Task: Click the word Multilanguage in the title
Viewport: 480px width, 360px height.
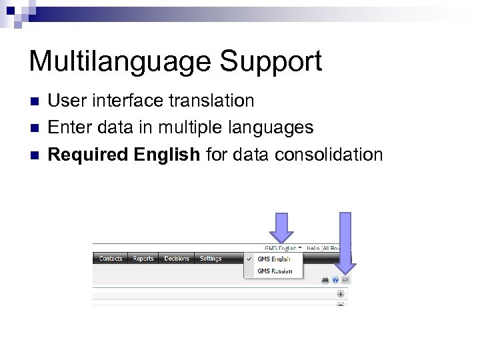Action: click(x=119, y=61)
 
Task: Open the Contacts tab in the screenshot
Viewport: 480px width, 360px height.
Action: click(x=111, y=259)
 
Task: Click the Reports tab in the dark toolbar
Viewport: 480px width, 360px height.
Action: click(x=143, y=259)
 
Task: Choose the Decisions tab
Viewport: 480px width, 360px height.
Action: click(x=177, y=259)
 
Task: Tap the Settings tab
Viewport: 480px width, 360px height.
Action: click(x=211, y=259)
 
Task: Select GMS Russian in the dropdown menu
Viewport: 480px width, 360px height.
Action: click(x=274, y=271)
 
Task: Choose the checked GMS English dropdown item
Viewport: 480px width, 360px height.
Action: click(x=274, y=259)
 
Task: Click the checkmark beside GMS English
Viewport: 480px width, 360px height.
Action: click(x=249, y=259)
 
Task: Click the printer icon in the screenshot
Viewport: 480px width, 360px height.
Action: click(x=325, y=280)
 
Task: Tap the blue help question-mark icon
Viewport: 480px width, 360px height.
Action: click(x=335, y=280)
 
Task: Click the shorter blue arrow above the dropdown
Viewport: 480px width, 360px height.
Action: click(x=282, y=227)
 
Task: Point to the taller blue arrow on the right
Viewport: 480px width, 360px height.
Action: click(x=345, y=244)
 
